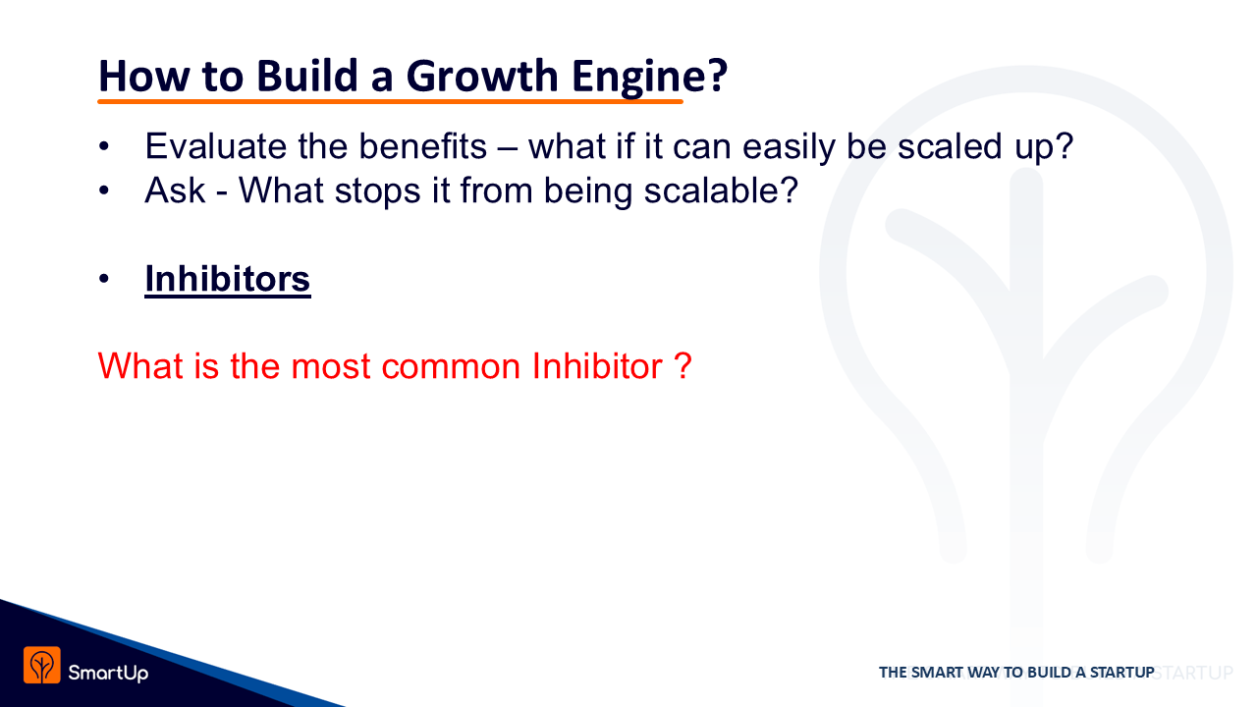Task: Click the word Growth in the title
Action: pyautogui.click(x=481, y=77)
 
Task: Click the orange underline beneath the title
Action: pyautogui.click(x=390, y=101)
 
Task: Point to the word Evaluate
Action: pyautogui.click(x=215, y=146)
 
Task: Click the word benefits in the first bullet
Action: pyautogui.click(x=422, y=146)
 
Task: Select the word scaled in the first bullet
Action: pyautogui.click(x=950, y=146)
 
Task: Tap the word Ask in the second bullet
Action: pyautogui.click(x=175, y=190)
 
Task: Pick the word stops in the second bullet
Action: pyautogui.click(x=377, y=191)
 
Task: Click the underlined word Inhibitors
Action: pyautogui.click(x=227, y=279)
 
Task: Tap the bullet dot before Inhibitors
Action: pyautogui.click(x=104, y=279)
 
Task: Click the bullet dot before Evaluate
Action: pyautogui.click(x=104, y=146)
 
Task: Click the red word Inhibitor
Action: pyautogui.click(x=598, y=366)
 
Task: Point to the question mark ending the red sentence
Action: pyautogui.click(x=683, y=366)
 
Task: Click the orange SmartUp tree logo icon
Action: pyautogui.click(x=42, y=666)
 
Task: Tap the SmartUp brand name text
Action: pyautogui.click(x=108, y=673)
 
